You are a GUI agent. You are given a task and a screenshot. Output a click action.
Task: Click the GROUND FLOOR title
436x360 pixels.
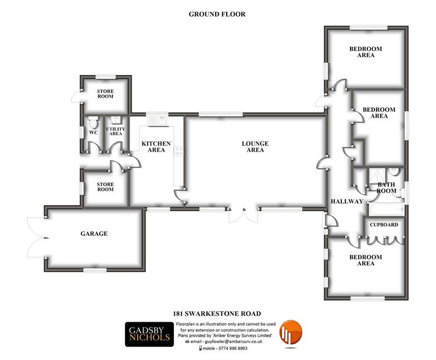tap(217, 14)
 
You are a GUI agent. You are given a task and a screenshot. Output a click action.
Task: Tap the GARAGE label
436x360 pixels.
tap(94, 233)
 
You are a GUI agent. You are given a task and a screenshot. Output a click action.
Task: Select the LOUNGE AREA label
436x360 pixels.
tap(255, 147)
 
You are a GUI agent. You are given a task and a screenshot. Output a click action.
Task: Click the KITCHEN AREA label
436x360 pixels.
tap(156, 147)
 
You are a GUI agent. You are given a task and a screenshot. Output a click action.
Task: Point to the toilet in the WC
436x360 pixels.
tap(93, 122)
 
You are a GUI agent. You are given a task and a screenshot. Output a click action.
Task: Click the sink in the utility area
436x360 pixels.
tap(116, 120)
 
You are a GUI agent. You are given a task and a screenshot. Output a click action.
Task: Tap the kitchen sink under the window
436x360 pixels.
tap(158, 121)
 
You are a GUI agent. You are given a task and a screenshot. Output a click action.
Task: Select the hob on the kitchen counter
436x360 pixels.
tap(178, 151)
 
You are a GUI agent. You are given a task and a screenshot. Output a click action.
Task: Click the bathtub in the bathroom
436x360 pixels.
tap(386, 209)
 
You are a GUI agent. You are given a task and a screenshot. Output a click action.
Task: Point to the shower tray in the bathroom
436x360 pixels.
tap(377, 176)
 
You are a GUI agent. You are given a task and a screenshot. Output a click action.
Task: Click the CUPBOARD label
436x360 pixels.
tap(384, 224)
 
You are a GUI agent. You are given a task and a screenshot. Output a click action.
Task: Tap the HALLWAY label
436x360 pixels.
tap(346, 201)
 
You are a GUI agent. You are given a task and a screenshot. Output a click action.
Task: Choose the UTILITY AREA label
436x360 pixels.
tap(116, 131)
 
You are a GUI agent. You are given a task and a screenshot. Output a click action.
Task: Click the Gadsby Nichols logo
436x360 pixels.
tap(149, 334)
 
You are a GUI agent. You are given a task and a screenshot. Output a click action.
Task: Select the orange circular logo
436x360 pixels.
tap(291, 333)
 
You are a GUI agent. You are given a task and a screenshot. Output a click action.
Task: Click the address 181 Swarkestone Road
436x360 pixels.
tap(217, 314)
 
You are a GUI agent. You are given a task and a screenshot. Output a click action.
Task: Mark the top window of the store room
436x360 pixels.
tap(105, 77)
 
